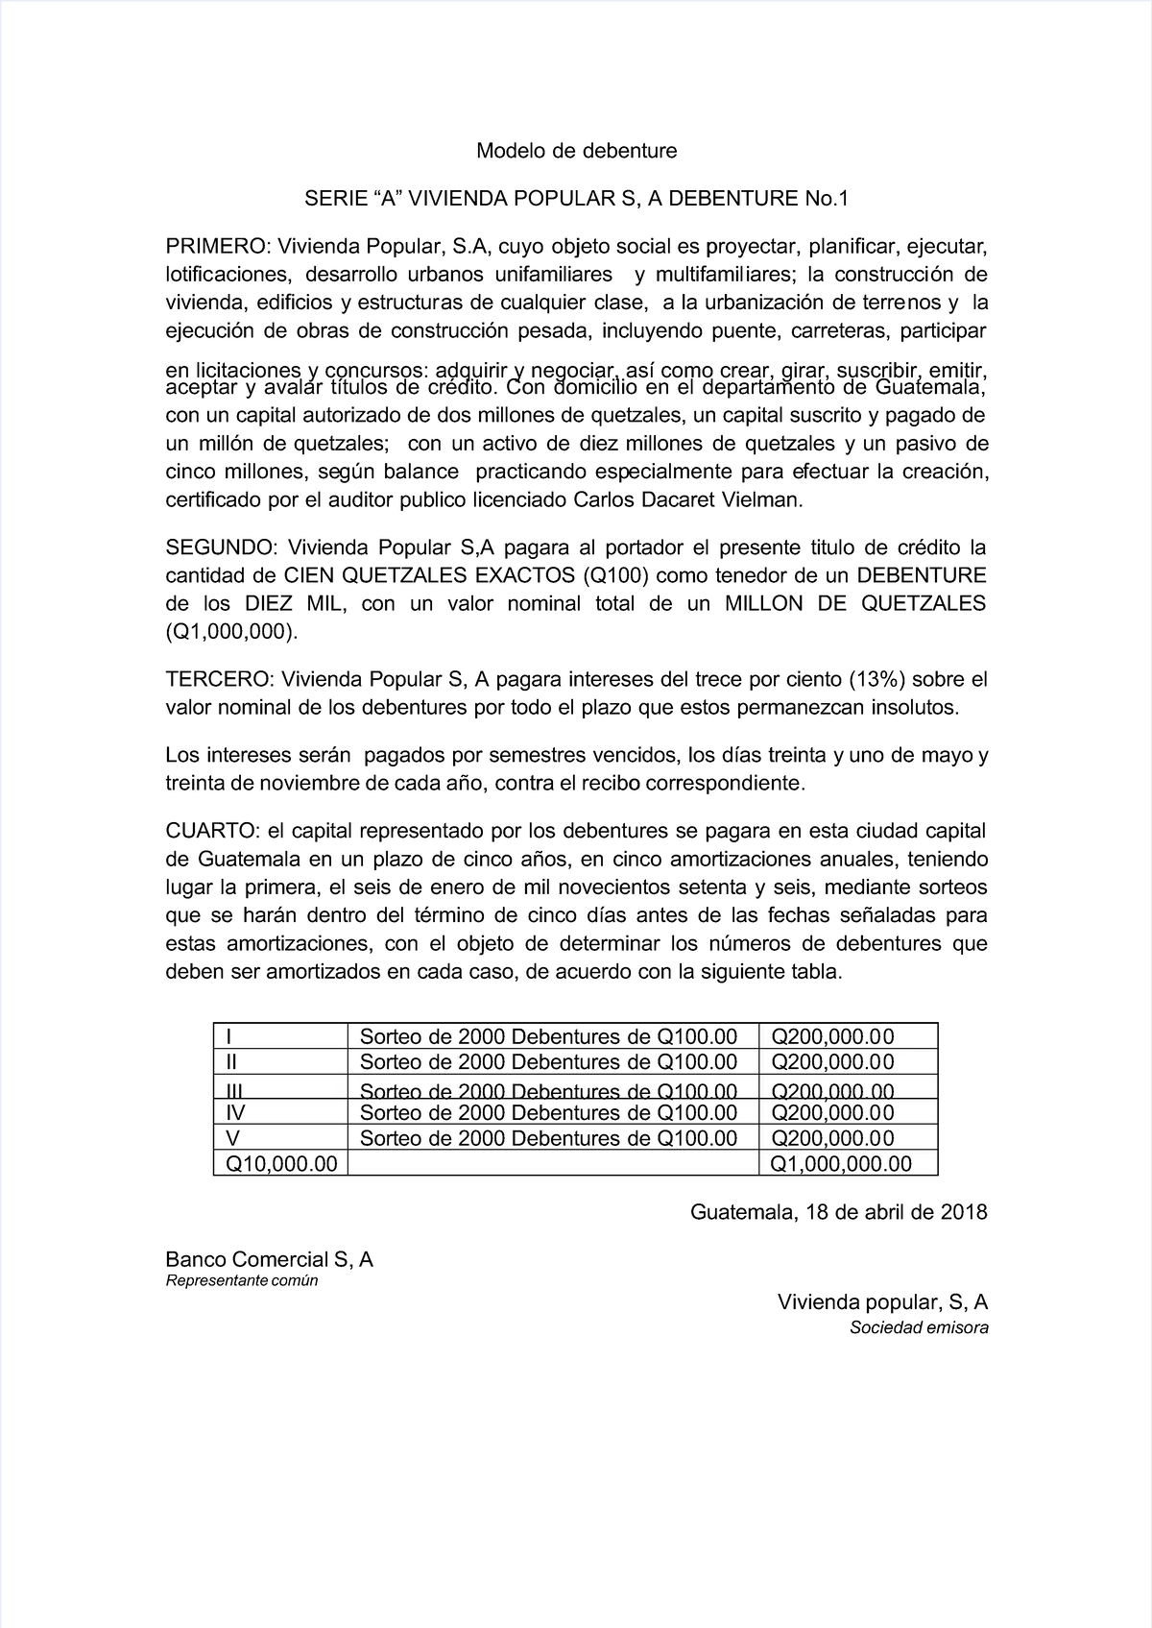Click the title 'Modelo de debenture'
pos(576,151)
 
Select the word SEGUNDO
pos(221,548)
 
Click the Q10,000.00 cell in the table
pos(281,1164)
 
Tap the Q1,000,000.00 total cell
pos(842,1164)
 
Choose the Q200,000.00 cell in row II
pos(832,1061)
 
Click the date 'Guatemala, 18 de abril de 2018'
pos(838,1211)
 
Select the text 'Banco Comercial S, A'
pos(269,1259)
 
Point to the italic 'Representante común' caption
pos(241,1281)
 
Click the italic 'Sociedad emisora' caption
pos(918,1328)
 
